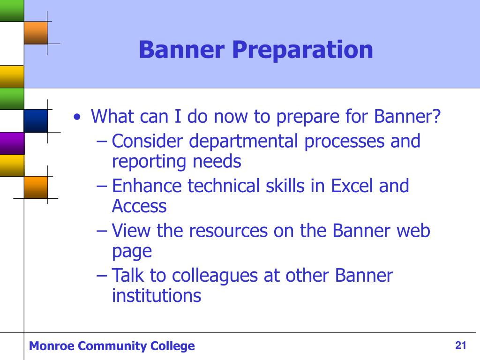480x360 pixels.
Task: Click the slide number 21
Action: pyautogui.click(x=461, y=345)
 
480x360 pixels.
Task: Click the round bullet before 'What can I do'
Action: pyautogui.click(x=77, y=117)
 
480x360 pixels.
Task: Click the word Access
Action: pyautogui.click(x=139, y=206)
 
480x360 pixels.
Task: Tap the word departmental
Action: pyautogui.click(x=244, y=142)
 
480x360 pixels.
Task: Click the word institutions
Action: pyautogui.click(x=157, y=296)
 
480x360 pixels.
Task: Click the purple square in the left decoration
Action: pyautogui.click(x=12, y=143)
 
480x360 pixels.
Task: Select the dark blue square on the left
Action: pyautogui.click(x=36, y=121)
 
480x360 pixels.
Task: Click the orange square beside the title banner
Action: pyautogui.click(x=36, y=33)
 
